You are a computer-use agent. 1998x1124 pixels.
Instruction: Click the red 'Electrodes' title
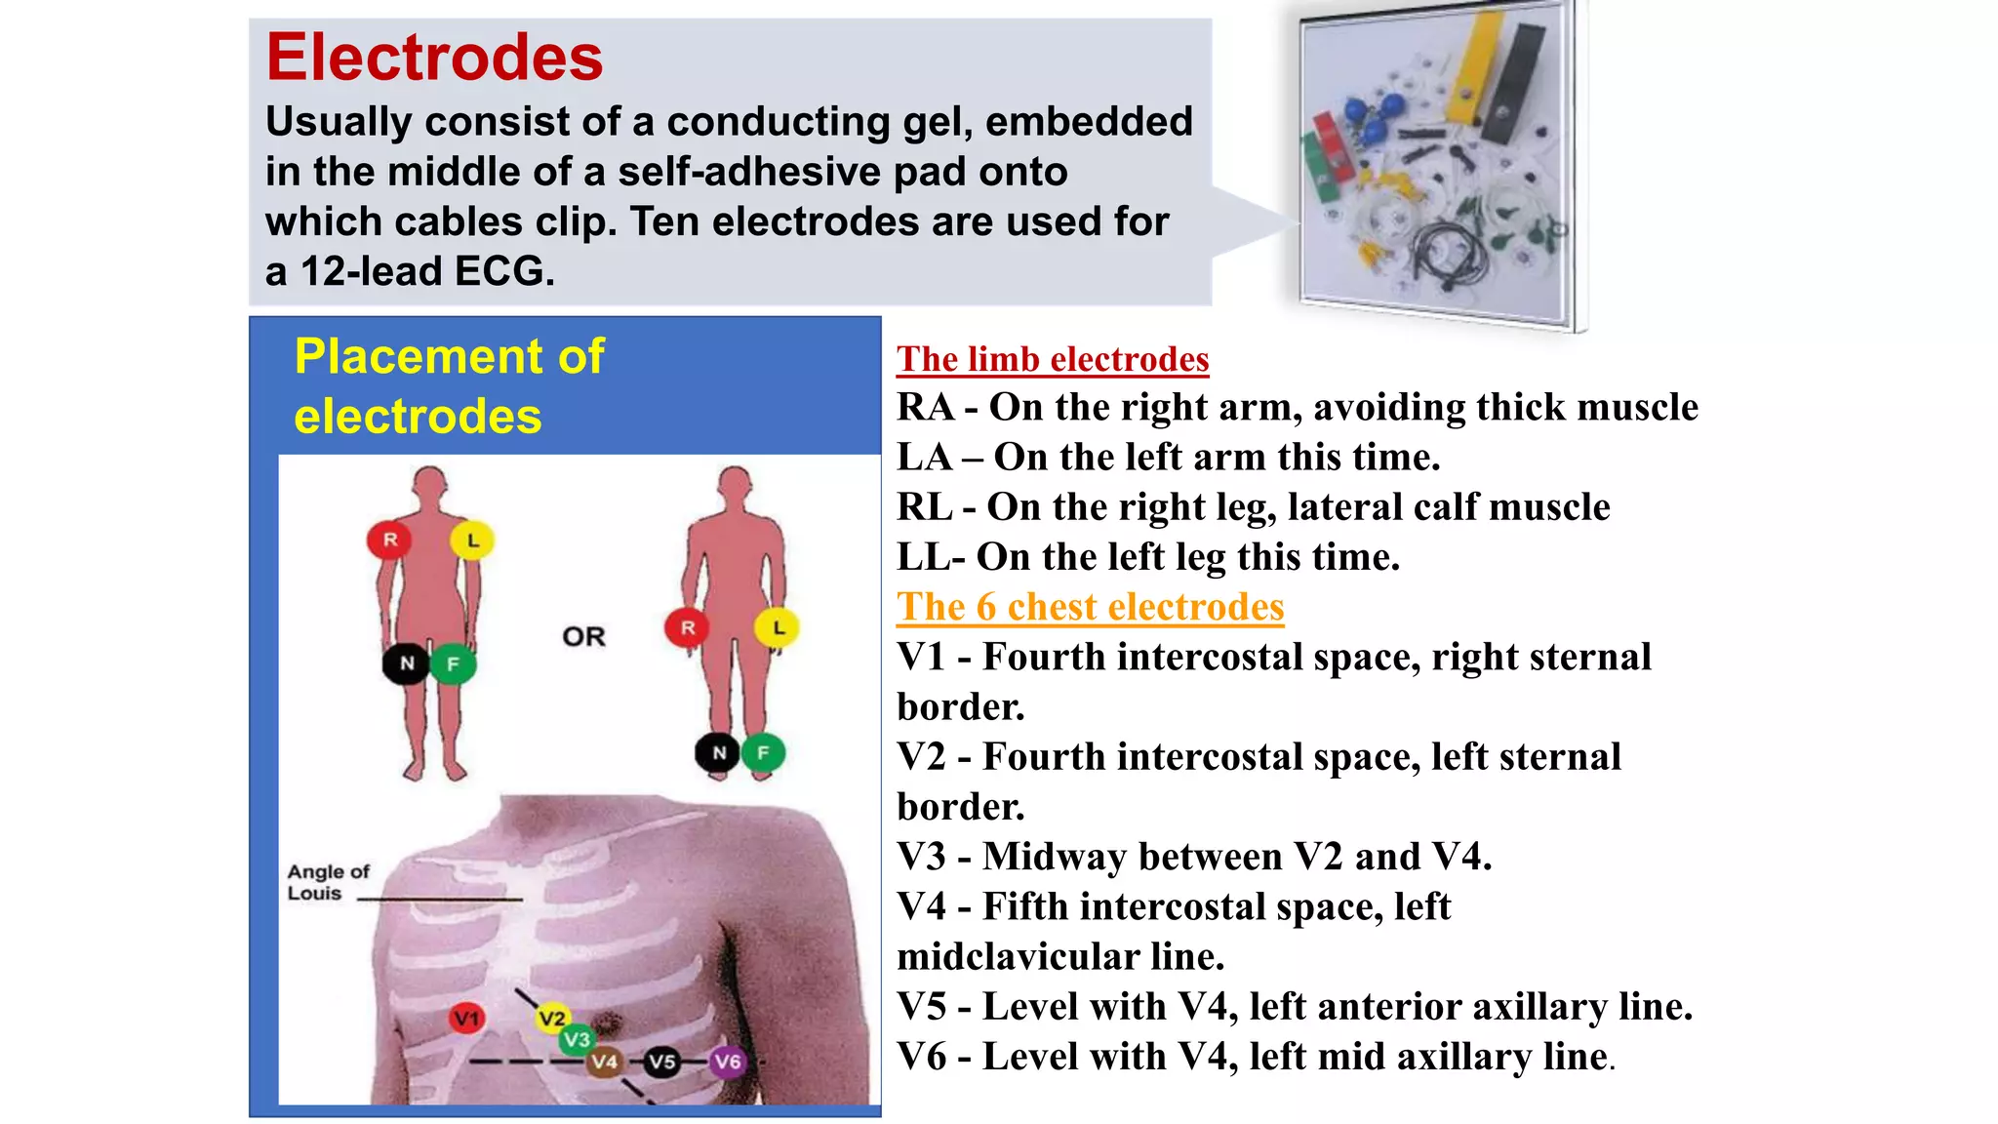pyautogui.click(x=434, y=58)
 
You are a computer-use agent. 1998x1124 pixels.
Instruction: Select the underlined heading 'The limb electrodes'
pyautogui.click(x=1053, y=359)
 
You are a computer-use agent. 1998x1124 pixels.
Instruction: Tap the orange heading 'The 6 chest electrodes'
pyautogui.click(x=1090, y=607)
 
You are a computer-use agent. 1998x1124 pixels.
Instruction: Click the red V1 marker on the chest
pyautogui.click(x=467, y=1019)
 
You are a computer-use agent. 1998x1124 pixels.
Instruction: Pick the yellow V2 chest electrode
pyautogui.click(x=553, y=1019)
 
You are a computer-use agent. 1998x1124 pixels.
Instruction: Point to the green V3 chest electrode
pyautogui.click(x=577, y=1040)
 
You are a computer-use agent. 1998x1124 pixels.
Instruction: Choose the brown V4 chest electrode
pyautogui.click(x=604, y=1062)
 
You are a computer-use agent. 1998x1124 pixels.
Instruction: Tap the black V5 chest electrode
pyautogui.click(x=662, y=1062)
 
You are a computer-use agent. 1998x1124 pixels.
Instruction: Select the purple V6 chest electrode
pyautogui.click(x=727, y=1062)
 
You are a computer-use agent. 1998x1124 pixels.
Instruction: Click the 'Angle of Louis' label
pyautogui.click(x=328, y=882)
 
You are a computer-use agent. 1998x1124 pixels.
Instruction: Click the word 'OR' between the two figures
pyautogui.click(x=583, y=637)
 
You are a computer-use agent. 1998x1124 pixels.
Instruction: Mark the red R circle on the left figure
pyautogui.click(x=390, y=540)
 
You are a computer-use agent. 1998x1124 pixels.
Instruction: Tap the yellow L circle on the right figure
pyautogui.click(x=778, y=627)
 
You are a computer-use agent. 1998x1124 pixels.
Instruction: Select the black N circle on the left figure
pyautogui.click(x=407, y=664)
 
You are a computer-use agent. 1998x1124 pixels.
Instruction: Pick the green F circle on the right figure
pyautogui.click(x=763, y=752)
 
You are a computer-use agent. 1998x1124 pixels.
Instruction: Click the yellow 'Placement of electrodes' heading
pyautogui.click(x=449, y=386)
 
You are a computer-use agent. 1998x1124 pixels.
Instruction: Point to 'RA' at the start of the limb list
pyautogui.click(x=925, y=407)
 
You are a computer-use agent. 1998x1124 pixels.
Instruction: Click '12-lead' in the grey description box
pyautogui.click(x=370, y=271)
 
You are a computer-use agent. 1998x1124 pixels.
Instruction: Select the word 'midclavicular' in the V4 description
pyautogui.click(x=1018, y=956)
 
